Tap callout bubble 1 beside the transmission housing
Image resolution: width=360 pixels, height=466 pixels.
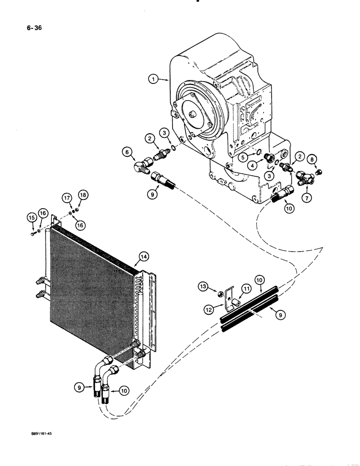[153, 80]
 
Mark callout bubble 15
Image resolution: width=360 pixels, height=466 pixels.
[31, 218]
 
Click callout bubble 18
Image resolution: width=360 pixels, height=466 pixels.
[83, 195]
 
